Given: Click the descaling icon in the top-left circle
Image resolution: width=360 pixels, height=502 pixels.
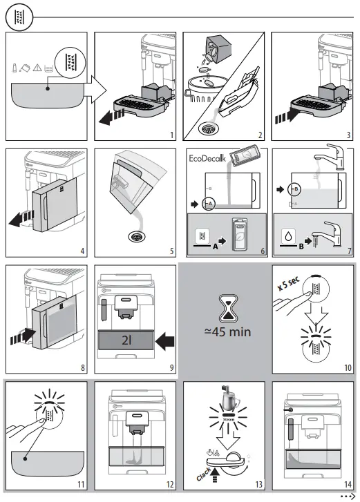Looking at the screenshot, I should pos(18,17).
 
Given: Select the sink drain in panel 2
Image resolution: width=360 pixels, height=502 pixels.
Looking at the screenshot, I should pos(206,128).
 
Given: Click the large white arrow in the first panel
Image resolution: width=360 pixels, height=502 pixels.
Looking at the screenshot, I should pos(95,89).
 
